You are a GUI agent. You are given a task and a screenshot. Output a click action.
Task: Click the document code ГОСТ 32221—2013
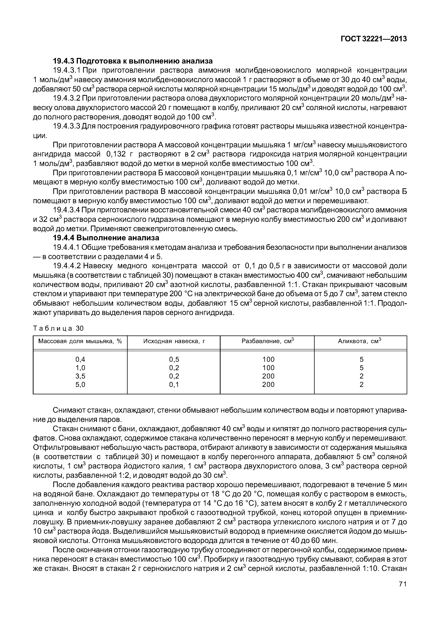click(x=373, y=39)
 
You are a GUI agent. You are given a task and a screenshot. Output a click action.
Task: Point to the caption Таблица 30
click(x=58, y=328)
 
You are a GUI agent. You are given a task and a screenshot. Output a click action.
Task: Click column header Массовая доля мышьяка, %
click(x=80, y=341)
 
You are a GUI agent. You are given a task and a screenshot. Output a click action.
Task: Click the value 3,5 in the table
click(x=80, y=376)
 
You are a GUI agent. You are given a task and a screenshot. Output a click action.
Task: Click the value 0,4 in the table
click(x=80, y=360)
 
